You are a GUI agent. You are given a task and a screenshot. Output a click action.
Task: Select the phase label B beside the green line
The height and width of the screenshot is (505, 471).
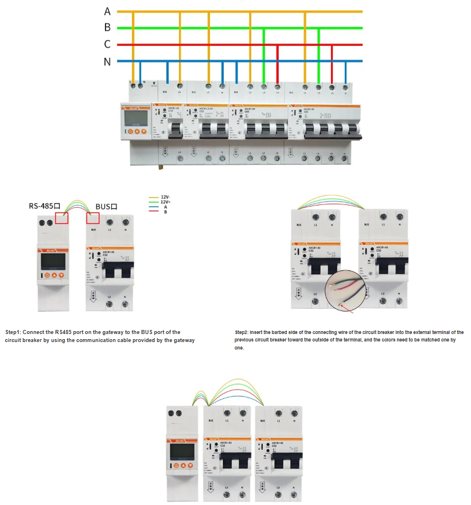[x=107, y=28]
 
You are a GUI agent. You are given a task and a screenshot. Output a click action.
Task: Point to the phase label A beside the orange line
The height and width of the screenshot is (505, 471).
[x=107, y=11]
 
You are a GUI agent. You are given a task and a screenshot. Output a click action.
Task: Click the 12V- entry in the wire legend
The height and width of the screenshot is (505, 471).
[x=165, y=197]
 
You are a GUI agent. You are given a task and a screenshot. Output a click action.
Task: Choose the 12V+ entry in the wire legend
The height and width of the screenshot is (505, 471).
[x=165, y=202]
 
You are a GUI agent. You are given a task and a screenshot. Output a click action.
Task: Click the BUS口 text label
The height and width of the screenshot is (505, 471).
[x=106, y=205]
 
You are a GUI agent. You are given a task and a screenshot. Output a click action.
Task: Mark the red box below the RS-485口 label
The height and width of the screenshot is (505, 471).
[x=61, y=217]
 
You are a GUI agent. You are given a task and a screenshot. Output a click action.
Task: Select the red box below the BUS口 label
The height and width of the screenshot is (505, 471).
[x=92, y=218]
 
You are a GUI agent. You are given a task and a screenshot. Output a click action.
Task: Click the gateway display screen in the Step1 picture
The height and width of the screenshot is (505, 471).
[x=53, y=263]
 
